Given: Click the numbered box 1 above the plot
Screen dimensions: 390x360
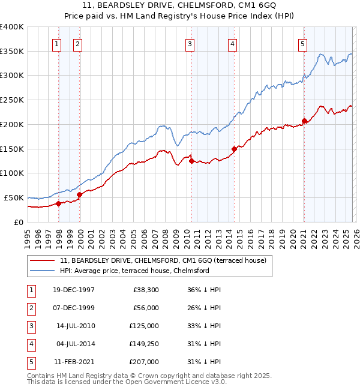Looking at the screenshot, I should (56, 43).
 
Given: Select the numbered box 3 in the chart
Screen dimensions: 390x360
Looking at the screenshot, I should (190, 43).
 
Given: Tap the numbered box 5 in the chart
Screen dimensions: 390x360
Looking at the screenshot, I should (302, 43).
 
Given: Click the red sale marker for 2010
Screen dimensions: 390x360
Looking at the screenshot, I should (191, 161).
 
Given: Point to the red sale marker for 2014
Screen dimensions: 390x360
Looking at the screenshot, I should (234, 149).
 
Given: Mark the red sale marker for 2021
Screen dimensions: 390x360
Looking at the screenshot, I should (304, 121).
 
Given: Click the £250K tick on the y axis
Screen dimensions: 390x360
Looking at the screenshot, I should (12, 100).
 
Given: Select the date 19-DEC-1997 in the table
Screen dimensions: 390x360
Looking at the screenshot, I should (73, 290).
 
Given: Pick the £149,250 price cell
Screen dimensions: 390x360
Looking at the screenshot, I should (144, 344).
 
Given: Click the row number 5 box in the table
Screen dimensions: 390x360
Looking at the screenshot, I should (30, 362).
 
